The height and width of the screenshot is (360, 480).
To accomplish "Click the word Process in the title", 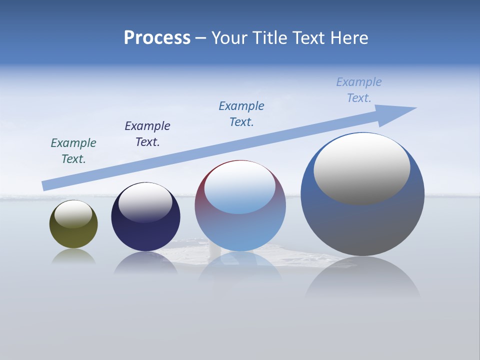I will point(157,38).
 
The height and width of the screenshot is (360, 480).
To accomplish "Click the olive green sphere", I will point(73,235).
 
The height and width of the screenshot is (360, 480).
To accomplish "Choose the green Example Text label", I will point(73,151).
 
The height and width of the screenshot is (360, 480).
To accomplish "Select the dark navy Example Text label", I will point(147,134).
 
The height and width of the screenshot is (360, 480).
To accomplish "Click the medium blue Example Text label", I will point(241,114).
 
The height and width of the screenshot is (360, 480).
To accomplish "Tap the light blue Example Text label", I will point(359,90).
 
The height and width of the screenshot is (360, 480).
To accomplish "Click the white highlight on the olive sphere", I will point(73,214).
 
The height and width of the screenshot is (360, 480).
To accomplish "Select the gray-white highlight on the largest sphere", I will point(361,169).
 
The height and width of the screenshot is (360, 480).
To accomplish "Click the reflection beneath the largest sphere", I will point(362,280).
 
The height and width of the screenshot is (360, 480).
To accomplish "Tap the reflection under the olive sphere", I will point(73,257).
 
